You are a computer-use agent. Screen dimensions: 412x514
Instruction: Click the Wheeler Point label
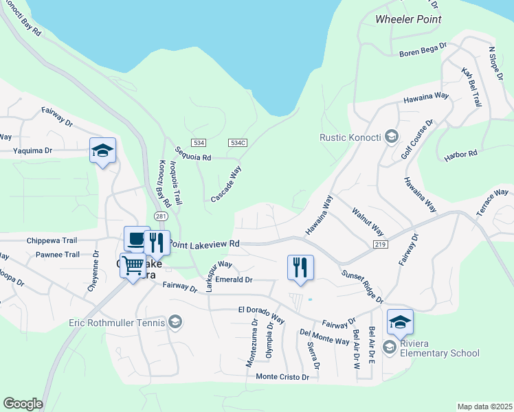pyautogui.click(x=408, y=19)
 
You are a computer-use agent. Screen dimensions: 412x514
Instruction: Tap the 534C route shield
pyautogui.click(x=238, y=142)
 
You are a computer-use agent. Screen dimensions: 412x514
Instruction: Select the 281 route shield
pyautogui.click(x=161, y=216)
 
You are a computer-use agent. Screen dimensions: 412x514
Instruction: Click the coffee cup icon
pyautogui.click(x=136, y=240)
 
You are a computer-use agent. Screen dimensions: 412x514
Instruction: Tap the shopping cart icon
pyautogui.click(x=133, y=264)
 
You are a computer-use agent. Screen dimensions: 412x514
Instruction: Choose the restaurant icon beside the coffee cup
pyautogui.click(x=157, y=243)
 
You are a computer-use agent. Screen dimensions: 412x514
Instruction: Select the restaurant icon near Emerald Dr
pyautogui.click(x=300, y=267)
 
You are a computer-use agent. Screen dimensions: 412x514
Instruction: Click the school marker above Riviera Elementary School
pyautogui.click(x=400, y=321)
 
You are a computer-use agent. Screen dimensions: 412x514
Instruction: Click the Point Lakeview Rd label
pyautogui.click(x=205, y=243)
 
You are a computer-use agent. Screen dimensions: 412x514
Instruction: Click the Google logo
pyautogui.click(x=23, y=403)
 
